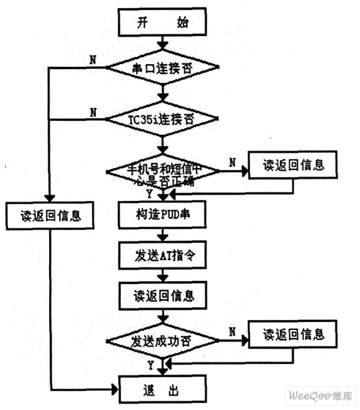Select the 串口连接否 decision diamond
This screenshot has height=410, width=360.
[x=162, y=69]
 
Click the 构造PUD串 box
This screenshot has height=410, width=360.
[x=161, y=214]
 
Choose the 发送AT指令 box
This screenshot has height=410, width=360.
[x=161, y=254]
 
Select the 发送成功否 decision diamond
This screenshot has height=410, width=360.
[x=162, y=339]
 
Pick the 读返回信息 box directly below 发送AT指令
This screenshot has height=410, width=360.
[x=162, y=295]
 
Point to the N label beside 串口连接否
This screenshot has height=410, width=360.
[x=91, y=59]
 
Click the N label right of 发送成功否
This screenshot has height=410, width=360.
[x=232, y=330]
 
